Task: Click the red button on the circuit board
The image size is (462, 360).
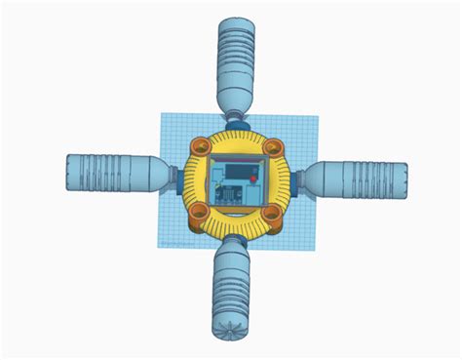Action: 254,180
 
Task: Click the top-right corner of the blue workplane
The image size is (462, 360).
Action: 317,115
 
